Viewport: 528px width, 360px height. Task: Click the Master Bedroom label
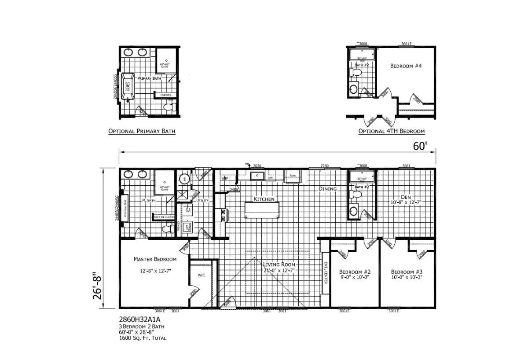coord(155,259)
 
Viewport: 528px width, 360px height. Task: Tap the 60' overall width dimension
coord(419,146)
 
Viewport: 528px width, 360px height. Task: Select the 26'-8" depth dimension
coord(97,286)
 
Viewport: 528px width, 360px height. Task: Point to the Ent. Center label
coord(326,273)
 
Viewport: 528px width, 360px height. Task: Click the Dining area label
coord(327,189)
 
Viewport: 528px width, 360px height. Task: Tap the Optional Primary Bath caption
coord(142,131)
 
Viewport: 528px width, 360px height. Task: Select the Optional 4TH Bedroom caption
coord(391,131)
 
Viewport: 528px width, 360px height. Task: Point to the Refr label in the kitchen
coord(292,175)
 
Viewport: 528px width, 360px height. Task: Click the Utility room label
coord(202,201)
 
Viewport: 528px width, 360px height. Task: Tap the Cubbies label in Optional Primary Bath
coord(165,95)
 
